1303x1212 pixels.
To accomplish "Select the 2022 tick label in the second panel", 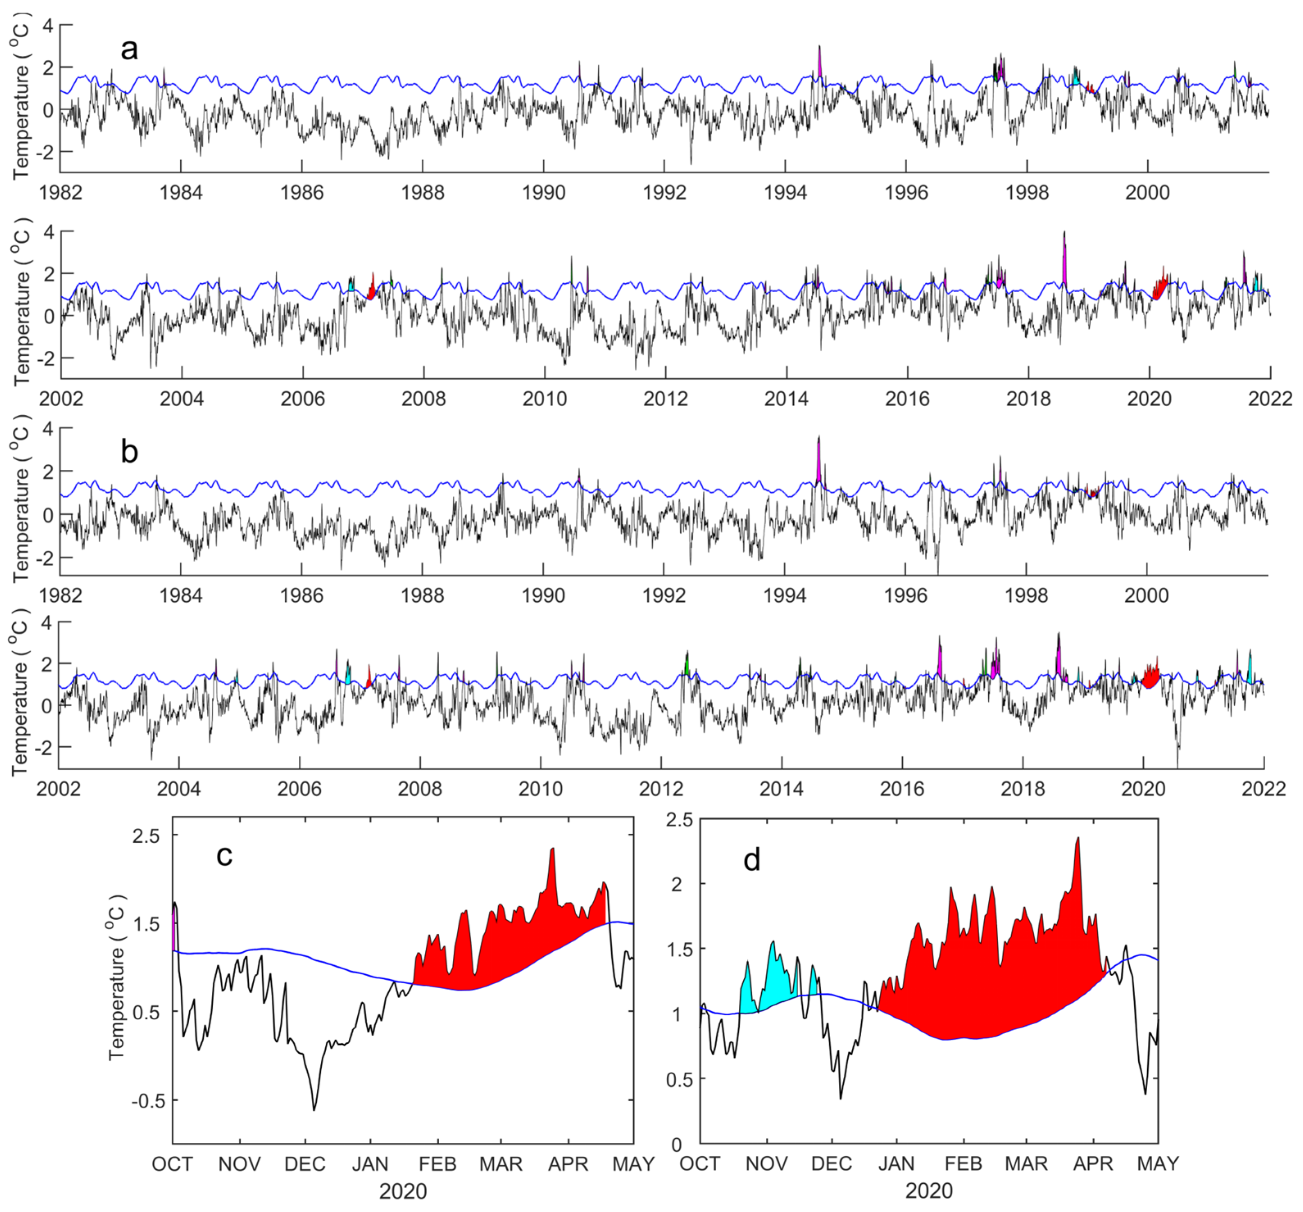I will (1269, 398).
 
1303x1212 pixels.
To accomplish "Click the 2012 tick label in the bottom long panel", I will (661, 789).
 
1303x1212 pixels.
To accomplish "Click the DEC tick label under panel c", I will (305, 1164).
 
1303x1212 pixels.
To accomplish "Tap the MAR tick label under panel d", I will (1026, 1164).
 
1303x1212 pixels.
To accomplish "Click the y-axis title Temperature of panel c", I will (117, 977).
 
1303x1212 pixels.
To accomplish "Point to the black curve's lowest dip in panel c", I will (314, 1108).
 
